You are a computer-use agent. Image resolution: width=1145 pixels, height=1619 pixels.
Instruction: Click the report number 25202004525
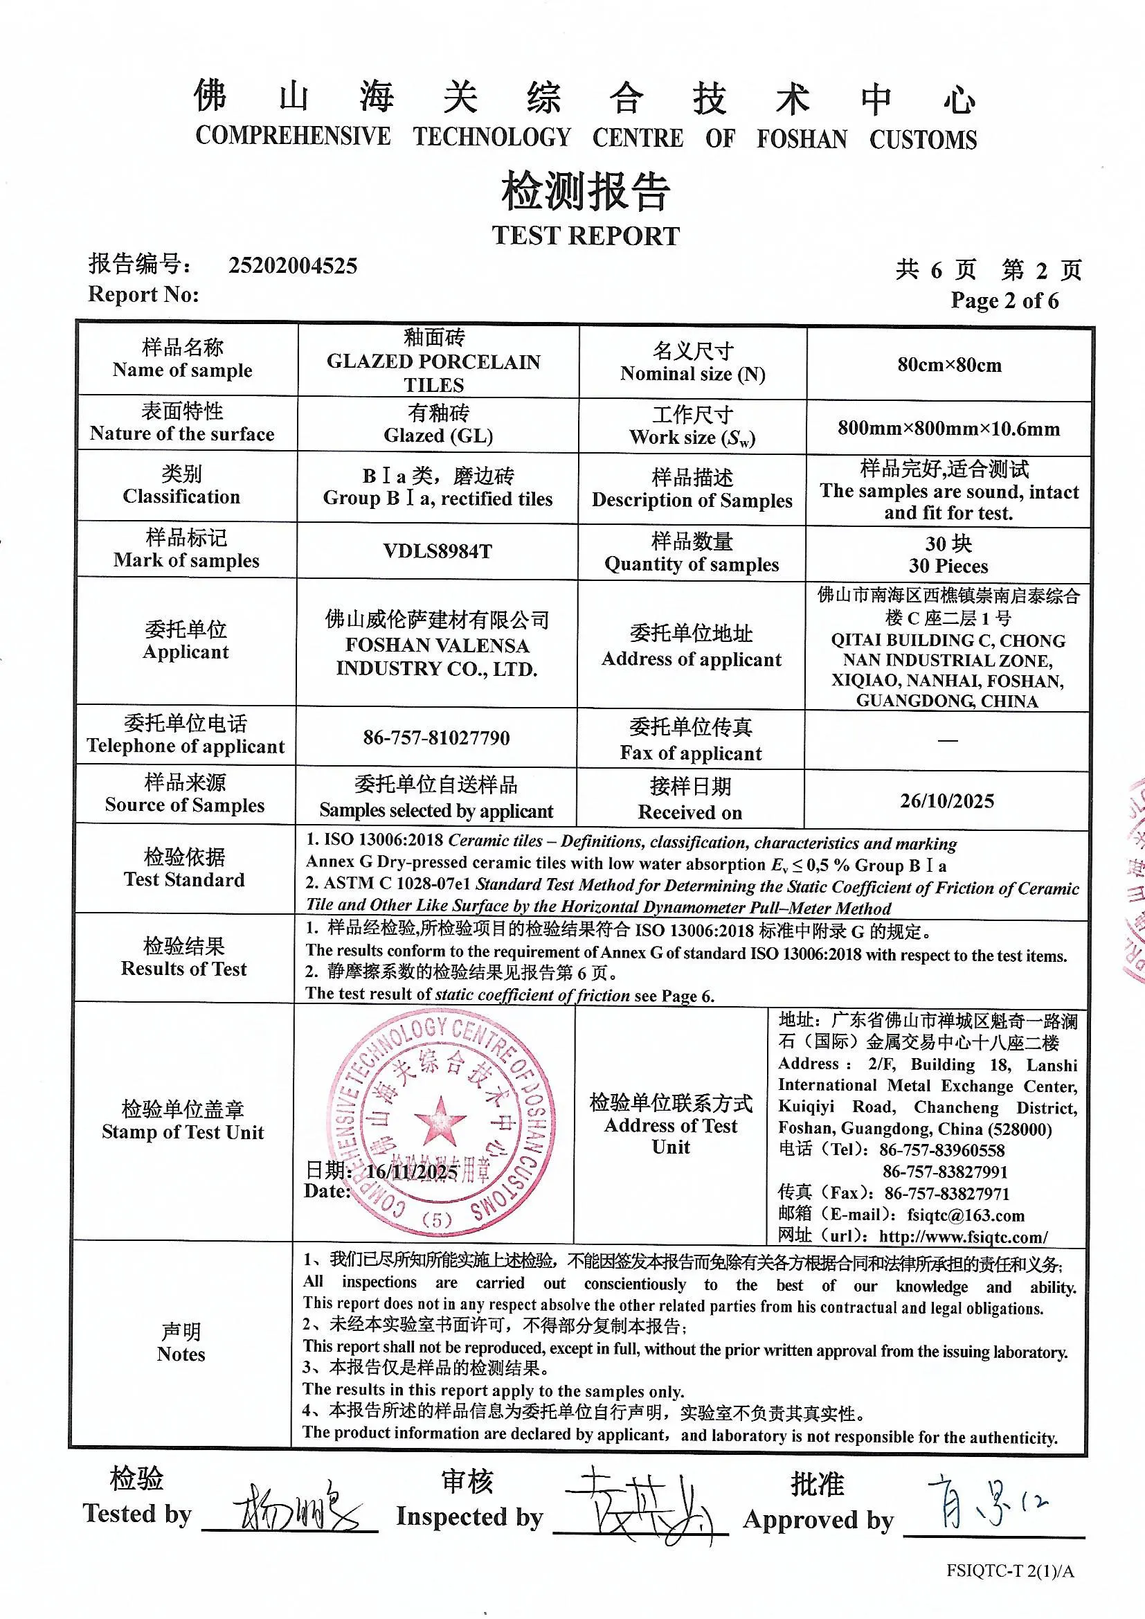coord(293,265)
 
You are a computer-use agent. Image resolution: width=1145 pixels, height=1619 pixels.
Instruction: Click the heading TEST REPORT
coord(585,235)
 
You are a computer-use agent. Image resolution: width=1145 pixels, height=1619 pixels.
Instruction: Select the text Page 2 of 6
coord(1004,301)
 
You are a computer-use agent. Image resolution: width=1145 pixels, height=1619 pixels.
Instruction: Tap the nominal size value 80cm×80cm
coord(949,364)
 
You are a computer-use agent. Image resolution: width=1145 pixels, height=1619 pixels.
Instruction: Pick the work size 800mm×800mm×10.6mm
coord(948,428)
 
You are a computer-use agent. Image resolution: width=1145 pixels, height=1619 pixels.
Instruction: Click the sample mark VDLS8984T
coord(437,551)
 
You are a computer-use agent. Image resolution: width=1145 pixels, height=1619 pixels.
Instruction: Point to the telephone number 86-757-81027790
coord(436,737)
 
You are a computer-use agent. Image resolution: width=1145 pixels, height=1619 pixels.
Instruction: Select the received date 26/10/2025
coord(947,801)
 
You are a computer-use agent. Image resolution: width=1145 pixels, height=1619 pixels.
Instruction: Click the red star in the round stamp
coord(440,1120)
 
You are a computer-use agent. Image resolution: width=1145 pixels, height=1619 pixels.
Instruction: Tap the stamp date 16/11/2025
coord(412,1172)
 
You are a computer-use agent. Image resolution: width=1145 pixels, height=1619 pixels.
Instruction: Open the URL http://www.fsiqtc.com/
coord(963,1237)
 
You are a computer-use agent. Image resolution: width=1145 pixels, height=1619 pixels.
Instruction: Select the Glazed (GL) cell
coord(438,436)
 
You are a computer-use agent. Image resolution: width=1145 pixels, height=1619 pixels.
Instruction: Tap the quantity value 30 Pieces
coord(948,566)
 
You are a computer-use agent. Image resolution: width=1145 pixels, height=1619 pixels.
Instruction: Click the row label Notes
coord(181,1354)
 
